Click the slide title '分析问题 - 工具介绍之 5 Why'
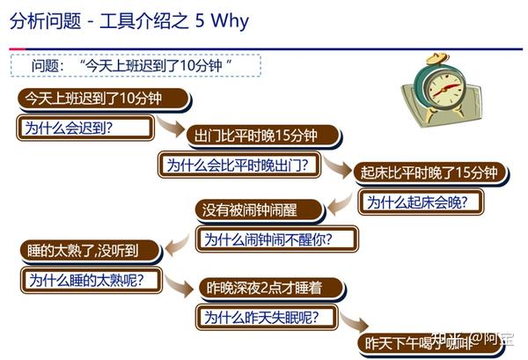(x=129, y=21)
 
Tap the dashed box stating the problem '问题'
(x=136, y=65)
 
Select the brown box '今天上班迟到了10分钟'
(x=104, y=99)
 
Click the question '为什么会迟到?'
(x=85, y=128)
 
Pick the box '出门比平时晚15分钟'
(x=264, y=136)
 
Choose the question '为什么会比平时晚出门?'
(x=239, y=165)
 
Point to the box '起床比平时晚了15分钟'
(x=430, y=173)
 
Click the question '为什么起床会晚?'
(x=421, y=202)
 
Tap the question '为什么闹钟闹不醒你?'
(x=277, y=239)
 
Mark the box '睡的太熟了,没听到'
(x=91, y=251)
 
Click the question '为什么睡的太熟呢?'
(x=92, y=280)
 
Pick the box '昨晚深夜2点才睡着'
(x=272, y=289)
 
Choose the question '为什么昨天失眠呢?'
(x=267, y=317)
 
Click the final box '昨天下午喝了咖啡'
(x=430, y=343)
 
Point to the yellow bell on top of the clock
(x=437, y=58)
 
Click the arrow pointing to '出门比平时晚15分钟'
(x=171, y=126)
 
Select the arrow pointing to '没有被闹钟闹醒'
(x=340, y=204)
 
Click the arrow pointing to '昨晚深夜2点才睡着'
(x=179, y=286)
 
